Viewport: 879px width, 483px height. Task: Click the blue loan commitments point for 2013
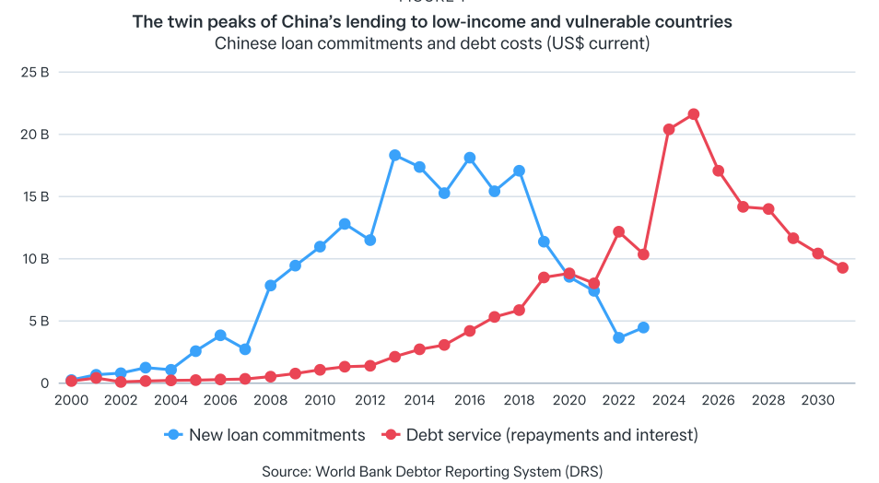(x=394, y=155)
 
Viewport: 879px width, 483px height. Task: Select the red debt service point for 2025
(x=694, y=114)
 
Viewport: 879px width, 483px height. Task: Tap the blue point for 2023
(x=643, y=327)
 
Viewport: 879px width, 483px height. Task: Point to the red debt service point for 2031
(x=842, y=267)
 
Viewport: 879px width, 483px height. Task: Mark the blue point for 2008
(x=270, y=286)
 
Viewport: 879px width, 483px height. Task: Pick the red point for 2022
(x=619, y=231)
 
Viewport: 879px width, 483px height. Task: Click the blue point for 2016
(x=470, y=158)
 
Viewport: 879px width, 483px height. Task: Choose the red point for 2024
(x=669, y=129)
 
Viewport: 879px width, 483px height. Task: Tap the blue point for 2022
(x=618, y=337)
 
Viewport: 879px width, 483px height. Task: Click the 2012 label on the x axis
(x=369, y=400)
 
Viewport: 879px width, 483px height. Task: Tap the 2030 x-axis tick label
(x=818, y=400)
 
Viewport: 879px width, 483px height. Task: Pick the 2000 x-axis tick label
(x=71, y=400)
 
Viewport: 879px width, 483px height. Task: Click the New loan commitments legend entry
(x=264, y=434)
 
